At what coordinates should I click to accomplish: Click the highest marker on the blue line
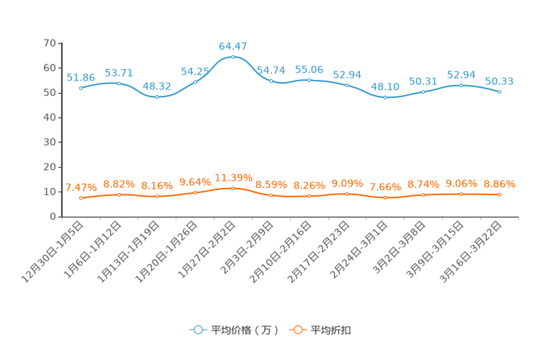(x=233, y=56)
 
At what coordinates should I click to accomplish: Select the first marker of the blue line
(x=81, y=87)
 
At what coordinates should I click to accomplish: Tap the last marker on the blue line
(x=499, y=91)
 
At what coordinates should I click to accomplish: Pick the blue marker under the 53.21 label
(x=119, y=83)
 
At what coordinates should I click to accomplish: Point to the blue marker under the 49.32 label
(x=157, y=97)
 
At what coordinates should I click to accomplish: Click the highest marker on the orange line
(x=233, y=188)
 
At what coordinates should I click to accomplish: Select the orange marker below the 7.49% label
(x=81, y=198)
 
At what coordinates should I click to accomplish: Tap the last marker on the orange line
(x=499, y=195)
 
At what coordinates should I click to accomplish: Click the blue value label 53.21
(x=119, y=73)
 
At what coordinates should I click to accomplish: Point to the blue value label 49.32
(x=157, y=86)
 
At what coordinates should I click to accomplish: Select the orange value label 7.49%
(x=81, y=188)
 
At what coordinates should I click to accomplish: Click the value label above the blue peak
(x=233, y=46)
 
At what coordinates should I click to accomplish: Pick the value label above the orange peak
(x=233, y=177)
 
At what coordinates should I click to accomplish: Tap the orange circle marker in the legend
(x=298, y=329)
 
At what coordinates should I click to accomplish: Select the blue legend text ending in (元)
(x=243, y=330)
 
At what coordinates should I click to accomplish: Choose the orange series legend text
(x=331, y=330)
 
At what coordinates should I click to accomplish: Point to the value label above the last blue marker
(x=499, y=81)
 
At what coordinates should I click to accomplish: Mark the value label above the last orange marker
(x=499, y=184)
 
